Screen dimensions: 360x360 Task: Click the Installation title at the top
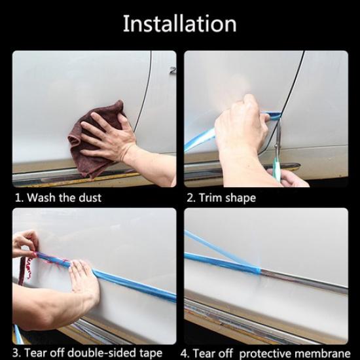click(x=180, y=24)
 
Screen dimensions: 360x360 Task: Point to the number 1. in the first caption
click(x=18, y=197)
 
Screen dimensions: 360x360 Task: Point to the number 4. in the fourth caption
click(x=189, y=353)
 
